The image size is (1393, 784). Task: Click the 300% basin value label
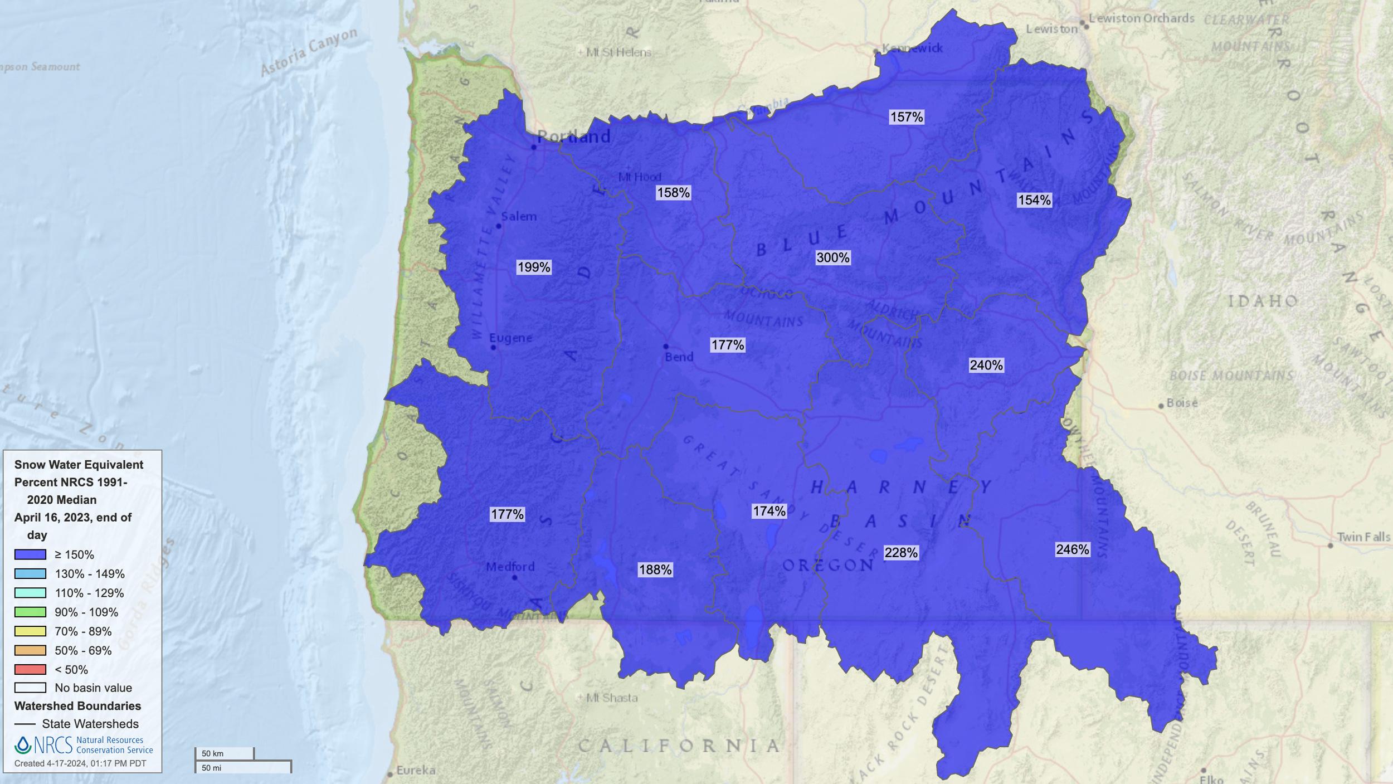pos(832,258)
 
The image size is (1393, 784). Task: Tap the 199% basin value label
pos(534,267)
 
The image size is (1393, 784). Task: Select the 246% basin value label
pos(1072,549)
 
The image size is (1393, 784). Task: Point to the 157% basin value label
pos(906,117)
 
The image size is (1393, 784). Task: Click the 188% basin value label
pos(655,569)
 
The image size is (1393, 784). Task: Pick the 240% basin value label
pos(986,366)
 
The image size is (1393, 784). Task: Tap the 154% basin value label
pos(1034,200)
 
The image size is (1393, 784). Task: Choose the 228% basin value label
pos(900,553)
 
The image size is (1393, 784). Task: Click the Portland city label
pos(573,137)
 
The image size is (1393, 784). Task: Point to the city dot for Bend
pos(665,347)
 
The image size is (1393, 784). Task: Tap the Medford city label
pos(510,567)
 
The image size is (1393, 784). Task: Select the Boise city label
pos(1182,402)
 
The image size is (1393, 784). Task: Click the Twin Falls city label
pos(1363,537)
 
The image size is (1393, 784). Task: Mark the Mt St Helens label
pos(618,52)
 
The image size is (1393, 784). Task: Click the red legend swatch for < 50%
pos(30,669)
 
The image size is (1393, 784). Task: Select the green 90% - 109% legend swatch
pos(30,612)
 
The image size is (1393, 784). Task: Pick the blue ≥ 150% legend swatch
pos(30,554)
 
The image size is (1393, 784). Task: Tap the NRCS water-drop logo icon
pos(23,745)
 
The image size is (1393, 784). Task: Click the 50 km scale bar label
pos(212,753)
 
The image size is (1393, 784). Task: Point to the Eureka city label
pos(416,771)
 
